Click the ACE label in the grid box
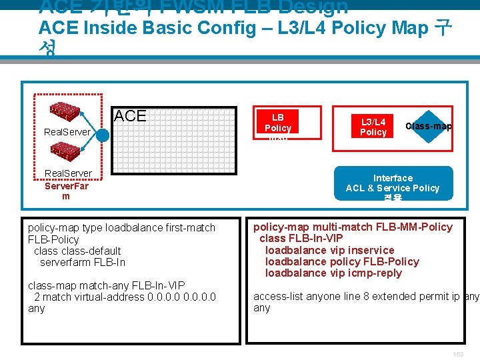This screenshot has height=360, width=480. (130, 116)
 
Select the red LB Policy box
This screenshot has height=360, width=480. (278, 123)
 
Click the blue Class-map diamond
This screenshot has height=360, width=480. (429, 127)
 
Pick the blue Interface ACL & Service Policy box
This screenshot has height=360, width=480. (393, 183)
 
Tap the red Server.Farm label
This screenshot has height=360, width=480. (65, 191)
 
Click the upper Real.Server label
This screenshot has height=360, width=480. (67, 132)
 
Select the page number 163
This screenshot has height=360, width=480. (458, 355)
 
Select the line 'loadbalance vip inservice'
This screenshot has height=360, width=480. (330, 250)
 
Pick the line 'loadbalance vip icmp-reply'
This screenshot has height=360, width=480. (333, 273)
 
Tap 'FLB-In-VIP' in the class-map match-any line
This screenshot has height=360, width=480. (158, 285)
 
